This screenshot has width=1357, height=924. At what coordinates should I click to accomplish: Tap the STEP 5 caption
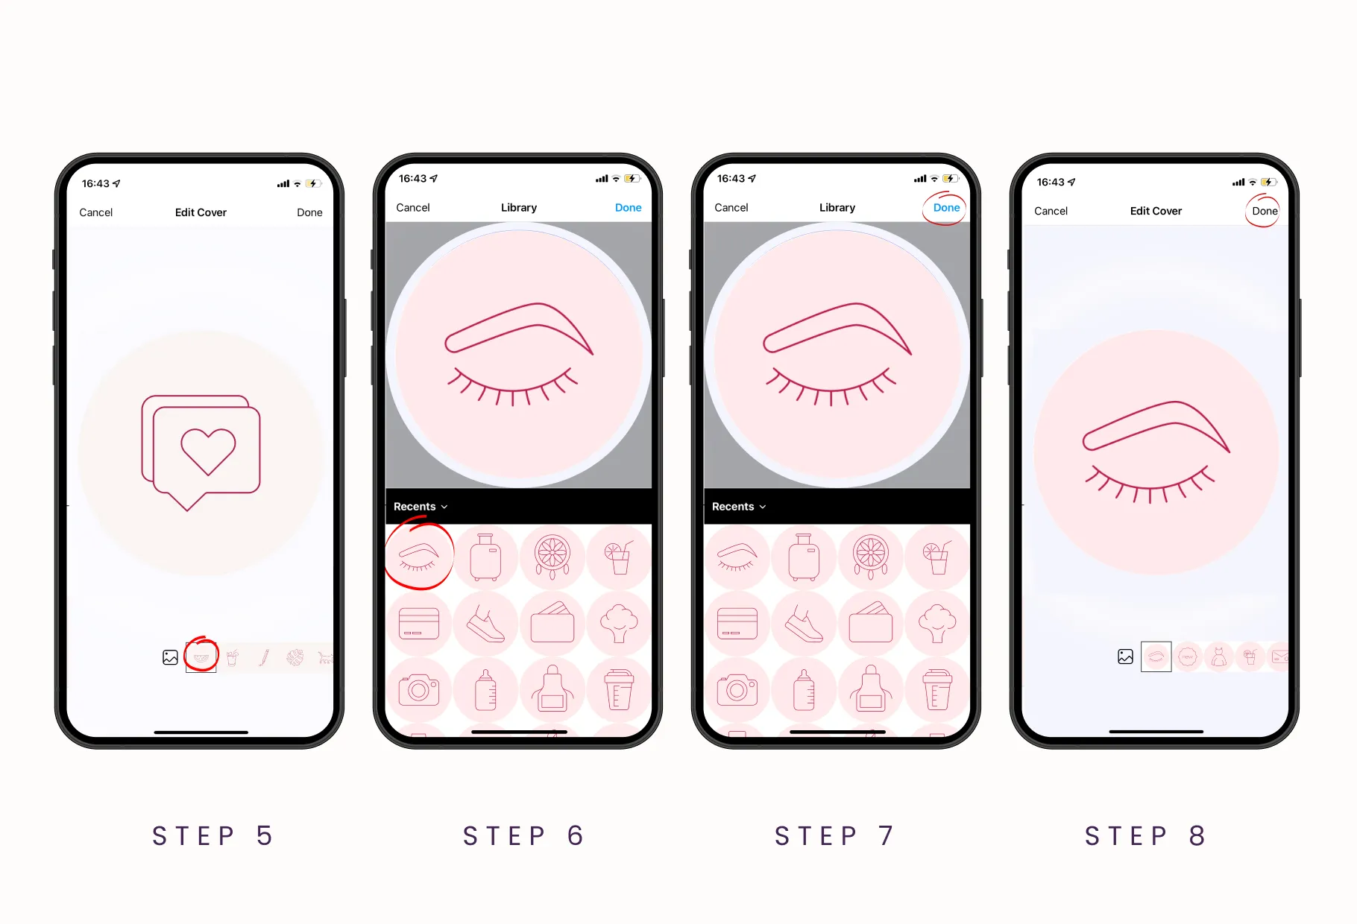pyautogui.click(x=212, y=836)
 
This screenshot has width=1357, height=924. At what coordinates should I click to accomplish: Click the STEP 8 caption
pyautogui.click(x=1145, y=836)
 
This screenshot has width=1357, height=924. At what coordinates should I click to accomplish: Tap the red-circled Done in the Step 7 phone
pyautogui.click(x=946, y=208)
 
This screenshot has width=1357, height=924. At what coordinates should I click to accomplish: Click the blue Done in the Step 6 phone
pyautogui.click(x=628, y=208)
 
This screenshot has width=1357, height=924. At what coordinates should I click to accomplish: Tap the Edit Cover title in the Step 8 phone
pyautogui.click(x=1156, y=211)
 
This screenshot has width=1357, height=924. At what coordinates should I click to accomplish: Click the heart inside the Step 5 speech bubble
pyautogui.click(x=208, y=451)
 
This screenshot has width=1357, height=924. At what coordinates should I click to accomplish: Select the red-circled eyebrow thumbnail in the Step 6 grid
pyautogui.click(x=419, y=557)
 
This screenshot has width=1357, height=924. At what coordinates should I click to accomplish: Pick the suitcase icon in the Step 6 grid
pyautogui.click(x=485, y=557)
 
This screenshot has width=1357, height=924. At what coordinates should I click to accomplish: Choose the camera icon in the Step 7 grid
pyautogui.click(x=737, y=690)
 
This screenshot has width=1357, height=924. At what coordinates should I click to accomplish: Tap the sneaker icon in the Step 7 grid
pyautogui.click(x=804, y=624)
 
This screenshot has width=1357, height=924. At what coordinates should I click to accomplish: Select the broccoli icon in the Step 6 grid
pyautogui.click(x=619, y=624)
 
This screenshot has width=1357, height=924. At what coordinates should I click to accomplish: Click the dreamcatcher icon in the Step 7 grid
pyautogui.click(x=870, y=557)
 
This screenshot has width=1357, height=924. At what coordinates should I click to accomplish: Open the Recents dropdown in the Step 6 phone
pyautogui.click(x=421, y=507)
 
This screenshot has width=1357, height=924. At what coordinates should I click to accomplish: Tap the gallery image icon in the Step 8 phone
pyautogui.click(x=1125, y=656)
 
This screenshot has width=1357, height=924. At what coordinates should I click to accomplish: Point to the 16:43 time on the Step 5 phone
pyautogui.click(x=95, y=183)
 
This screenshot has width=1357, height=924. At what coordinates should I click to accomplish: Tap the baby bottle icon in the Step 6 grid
pyautogui.click(x=485, y=690)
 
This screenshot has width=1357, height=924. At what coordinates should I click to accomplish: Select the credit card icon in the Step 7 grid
pyautogui.click(x=737, y=624)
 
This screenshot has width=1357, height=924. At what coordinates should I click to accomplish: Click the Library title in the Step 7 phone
pyautogui.click(x=837, y=208)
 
